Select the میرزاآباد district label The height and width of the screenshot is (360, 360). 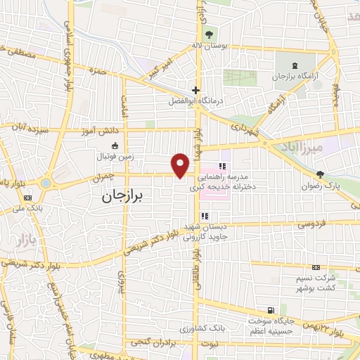coord(317,148)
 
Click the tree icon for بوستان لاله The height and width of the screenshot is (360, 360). coord(209,34)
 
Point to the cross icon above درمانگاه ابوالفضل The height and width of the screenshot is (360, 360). coord(196,90)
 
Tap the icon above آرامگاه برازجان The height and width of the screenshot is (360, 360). coord(294,64)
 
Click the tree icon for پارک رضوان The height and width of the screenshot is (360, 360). coord(320,175)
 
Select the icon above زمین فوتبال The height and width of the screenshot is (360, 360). coord(115,145)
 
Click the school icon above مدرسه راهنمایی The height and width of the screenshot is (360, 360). coord(222,167)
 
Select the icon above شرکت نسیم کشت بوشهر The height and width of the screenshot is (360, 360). coord(316,267)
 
